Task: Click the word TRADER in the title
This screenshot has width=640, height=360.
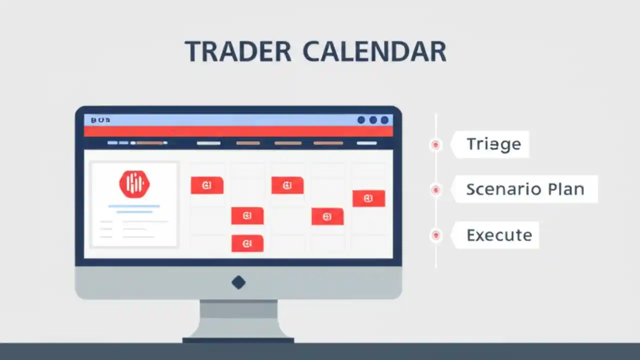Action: coord(238,51)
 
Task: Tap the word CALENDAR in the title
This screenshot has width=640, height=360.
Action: coord(374,51)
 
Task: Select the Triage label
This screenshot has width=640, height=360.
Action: coord(493,144)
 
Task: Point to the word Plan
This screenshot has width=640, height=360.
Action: coord(565,189)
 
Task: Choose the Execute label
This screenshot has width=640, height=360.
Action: coord(499,235)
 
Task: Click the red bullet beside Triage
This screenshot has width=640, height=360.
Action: coord(435,144)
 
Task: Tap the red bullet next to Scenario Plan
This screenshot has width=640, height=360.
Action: coord(435,189)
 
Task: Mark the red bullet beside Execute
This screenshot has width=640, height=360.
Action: coord(435,235)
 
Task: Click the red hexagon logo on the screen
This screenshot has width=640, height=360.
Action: coord(134,183)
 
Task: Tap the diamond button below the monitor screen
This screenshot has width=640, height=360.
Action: coord(238,282)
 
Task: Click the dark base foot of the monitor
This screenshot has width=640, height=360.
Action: coord(238,340)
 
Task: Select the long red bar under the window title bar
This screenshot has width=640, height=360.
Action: coord(238,131)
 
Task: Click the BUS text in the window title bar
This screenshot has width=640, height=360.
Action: coord(100,120)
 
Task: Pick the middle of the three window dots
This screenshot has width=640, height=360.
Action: coord(373,120)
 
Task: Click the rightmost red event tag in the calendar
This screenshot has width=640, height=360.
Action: coord(368,198)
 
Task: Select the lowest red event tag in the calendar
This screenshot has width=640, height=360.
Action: coord(247,243)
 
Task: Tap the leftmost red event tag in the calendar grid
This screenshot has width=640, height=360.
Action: coord(207,185)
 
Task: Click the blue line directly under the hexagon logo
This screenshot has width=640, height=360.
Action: coord(134,206)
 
